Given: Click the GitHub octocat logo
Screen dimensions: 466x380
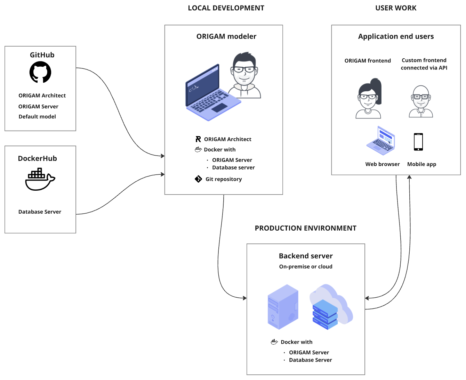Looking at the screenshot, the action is point(40,72).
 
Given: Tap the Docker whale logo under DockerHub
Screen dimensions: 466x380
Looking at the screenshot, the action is point(40,179).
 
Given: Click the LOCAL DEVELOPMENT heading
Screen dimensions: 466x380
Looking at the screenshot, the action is point(226,8).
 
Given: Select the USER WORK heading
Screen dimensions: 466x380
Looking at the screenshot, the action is point(395,8).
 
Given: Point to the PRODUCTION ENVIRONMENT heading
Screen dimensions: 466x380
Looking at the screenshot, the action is point(305,228).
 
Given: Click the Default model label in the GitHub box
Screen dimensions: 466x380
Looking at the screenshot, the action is point(37,116).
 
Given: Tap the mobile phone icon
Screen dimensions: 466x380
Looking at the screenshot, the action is point(418,142).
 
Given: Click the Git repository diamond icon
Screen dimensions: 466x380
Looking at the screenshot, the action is point(198,179).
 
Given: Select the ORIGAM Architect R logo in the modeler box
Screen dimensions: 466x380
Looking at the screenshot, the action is point(198,139).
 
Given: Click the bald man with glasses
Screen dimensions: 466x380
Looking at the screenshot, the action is point(421,101).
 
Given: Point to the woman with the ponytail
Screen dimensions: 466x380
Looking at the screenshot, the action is point(369,98).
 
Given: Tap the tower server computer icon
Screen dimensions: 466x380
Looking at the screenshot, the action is point(283,307).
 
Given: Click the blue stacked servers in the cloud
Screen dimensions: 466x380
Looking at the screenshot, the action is point(325,314).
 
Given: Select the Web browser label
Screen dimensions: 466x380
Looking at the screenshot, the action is point(382,164).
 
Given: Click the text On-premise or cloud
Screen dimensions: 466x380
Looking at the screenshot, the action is point(306,266).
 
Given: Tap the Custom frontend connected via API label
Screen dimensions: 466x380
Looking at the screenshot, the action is point(424,64).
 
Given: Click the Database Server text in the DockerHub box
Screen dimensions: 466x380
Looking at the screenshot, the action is point(40,212).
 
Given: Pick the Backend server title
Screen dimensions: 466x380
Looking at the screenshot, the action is point(306,256).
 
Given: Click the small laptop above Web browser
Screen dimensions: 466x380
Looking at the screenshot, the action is point(380,141).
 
